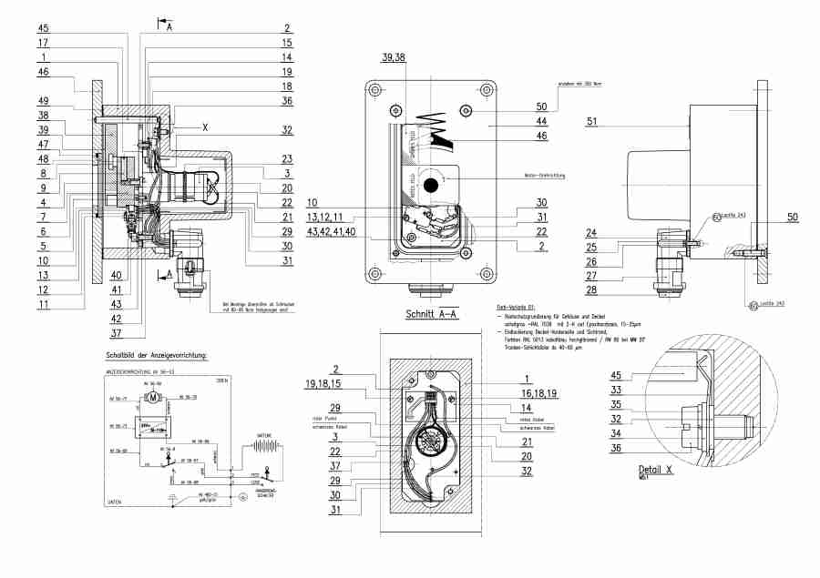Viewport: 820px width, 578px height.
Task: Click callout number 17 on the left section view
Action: pos(43,43)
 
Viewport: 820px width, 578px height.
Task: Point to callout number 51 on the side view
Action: pos(591,121)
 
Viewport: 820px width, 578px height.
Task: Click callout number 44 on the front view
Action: pos(541,120)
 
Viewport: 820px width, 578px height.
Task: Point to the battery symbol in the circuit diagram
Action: pos(265,449)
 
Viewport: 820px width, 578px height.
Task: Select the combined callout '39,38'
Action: pos(394,57)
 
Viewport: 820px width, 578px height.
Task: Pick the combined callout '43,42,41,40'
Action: pos(332,232)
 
